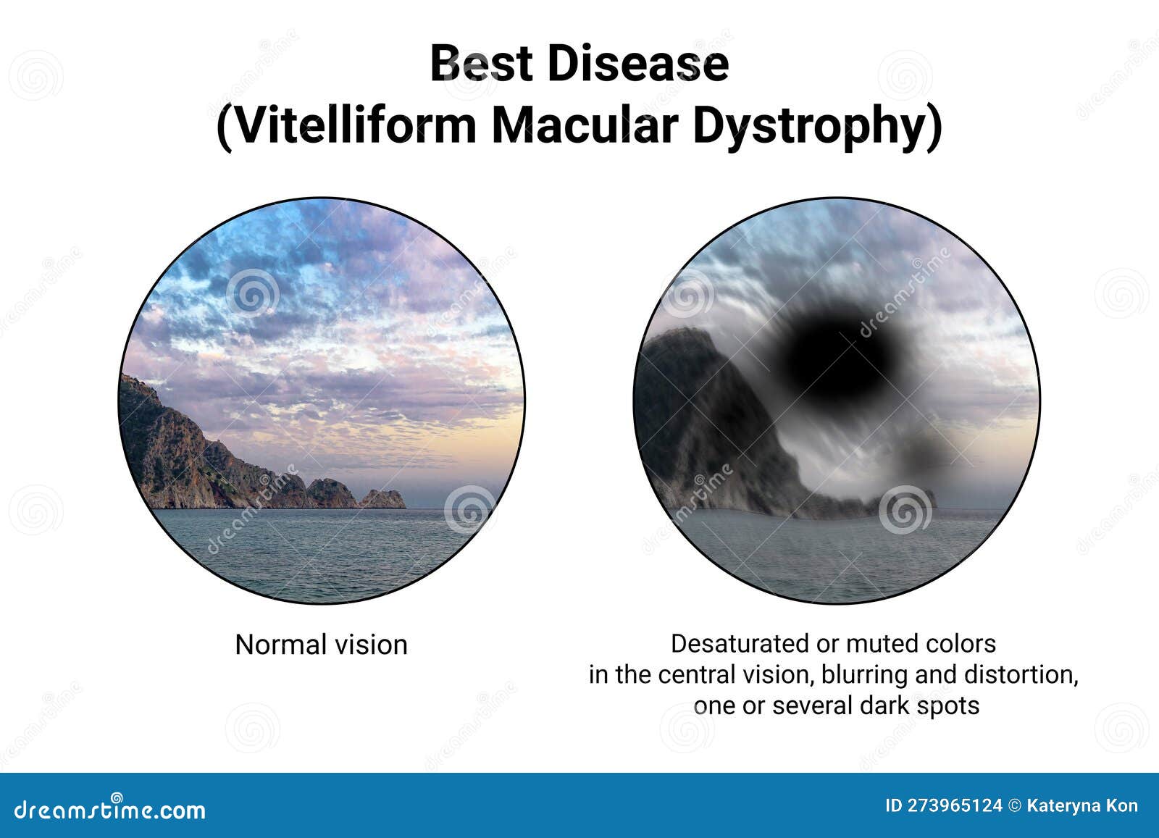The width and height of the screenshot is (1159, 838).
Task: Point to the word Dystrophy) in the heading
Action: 818,126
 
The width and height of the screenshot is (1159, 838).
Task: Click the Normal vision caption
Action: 322,645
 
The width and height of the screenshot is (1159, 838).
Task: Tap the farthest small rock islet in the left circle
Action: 383,499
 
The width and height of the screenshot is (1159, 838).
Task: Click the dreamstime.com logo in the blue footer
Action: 109,809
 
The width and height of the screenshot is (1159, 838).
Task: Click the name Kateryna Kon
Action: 1082,806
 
